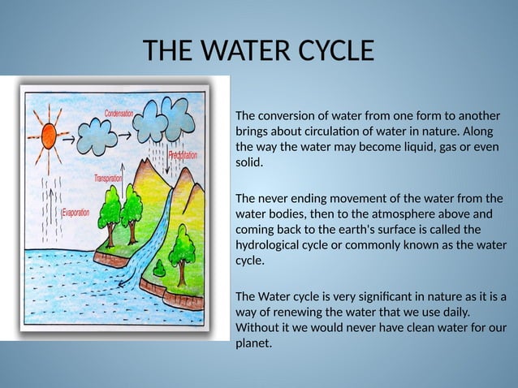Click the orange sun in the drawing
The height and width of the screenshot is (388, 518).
49,136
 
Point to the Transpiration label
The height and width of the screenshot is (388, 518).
108,178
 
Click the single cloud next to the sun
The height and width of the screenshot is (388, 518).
97,136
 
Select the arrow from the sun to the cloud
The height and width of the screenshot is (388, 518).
69,137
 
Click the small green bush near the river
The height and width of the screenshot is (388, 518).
159,268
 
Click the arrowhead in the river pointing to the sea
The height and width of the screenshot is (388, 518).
123,284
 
